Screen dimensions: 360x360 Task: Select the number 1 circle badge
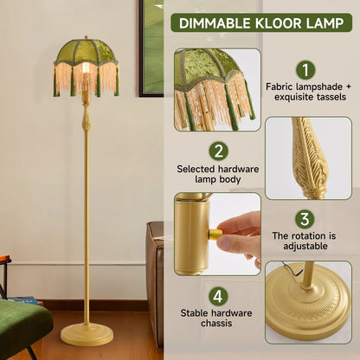click(x=305, y=70)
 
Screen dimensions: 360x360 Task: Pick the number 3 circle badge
click(x=305, y=219)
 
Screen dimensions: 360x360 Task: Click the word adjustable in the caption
click(x=305, y=249)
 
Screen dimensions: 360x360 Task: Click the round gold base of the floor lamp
click(x=87, y=333)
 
